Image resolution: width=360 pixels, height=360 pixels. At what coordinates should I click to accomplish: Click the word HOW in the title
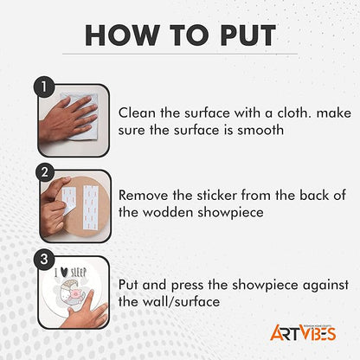click(122, 35)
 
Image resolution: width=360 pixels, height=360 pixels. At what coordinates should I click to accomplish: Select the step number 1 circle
click(44, 87)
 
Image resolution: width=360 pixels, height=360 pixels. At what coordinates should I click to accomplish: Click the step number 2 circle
click(45, 172)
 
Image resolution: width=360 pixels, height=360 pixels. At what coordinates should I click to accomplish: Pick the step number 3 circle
click(44, 259)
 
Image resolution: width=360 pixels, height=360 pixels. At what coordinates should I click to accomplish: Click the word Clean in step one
click(137, 112)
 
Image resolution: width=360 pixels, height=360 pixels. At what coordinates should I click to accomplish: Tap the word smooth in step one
click(260, 130)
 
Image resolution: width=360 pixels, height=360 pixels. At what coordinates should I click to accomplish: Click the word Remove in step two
click(143, 196)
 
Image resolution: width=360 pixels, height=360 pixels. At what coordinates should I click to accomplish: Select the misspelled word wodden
click(168, 212)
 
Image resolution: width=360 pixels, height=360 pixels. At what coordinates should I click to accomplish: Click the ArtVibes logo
click(303, 332)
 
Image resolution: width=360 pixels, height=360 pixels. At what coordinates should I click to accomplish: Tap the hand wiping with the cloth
click(68, 119)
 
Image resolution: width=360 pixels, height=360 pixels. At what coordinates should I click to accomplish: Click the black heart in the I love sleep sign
click(65, 273)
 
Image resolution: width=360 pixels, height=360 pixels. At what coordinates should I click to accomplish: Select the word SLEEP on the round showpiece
click(79, 273)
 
